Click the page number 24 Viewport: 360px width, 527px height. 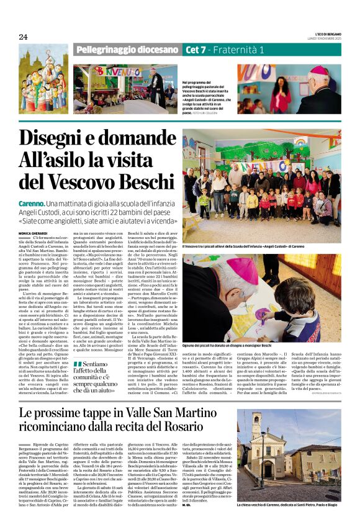[23, 37]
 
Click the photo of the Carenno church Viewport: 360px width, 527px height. [288, 463]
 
